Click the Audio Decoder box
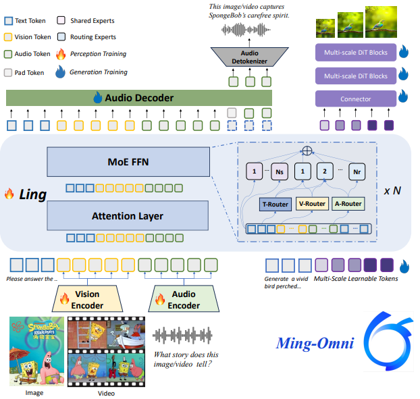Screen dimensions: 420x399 pyautogui.click(x=139, y=98)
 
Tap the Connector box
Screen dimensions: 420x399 pyautogui.click(x=355, y=99)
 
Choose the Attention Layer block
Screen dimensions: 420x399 pyautogui.click(x=128, y=216)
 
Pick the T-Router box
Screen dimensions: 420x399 pyautogui.click(x=275, y=204)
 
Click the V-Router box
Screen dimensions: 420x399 pyautogui.click(x=312, y=204)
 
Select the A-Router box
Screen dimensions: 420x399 pyautogui.click(x=348, y=204)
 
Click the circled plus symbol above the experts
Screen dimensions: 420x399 pyautogui.click(x=309, y=150)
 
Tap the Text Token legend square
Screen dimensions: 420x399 pyautogui.click(x=8, y=21)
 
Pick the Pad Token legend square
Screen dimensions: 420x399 pyautogui.click(x=8, y=72)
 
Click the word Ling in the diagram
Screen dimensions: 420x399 pyautogui.click(x=32, y=194)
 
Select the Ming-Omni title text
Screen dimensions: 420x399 pyautogui.click(x=315, y=344)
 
